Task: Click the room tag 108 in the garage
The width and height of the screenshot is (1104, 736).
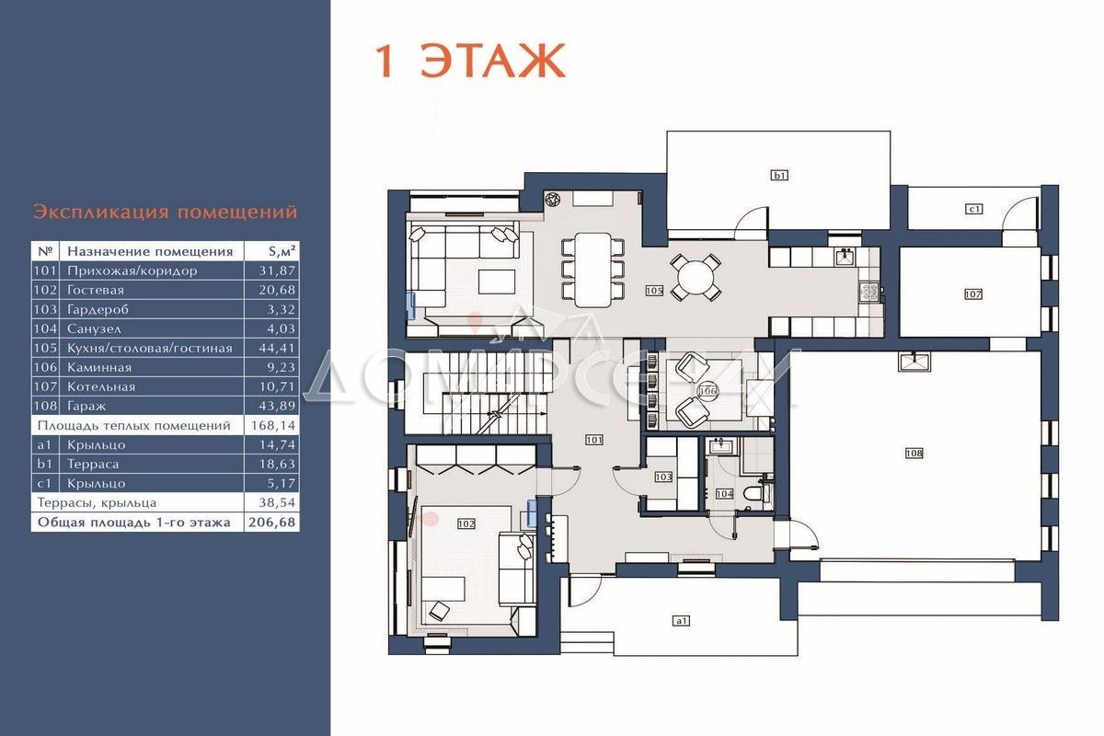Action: pos(914,453)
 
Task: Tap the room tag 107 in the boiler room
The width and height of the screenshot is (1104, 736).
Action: pos(973,294)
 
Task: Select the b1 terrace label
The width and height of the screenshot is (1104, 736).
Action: pos(779,175)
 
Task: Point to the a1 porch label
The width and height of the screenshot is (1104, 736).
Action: pos(681,621)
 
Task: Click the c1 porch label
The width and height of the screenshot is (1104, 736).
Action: pos(974,209)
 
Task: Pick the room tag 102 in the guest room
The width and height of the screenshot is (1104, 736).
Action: pos(466,523)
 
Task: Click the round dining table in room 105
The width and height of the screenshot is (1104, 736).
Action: pos(695,278)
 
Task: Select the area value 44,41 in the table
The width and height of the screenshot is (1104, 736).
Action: pos(277,348)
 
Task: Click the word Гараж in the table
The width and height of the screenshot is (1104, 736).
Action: pos(86,407)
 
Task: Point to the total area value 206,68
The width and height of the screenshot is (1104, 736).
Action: pos(271,523)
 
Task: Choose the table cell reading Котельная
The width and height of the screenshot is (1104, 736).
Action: pos(101,387)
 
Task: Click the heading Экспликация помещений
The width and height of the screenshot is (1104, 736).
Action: pos(166,212)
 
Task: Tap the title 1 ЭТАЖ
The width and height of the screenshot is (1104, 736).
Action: pos(470,61)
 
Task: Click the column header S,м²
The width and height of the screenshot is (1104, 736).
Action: pos(282,251)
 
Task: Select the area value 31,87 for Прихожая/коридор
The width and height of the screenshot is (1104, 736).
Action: pos(278,270)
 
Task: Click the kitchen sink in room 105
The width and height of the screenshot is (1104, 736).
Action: pos(845,257)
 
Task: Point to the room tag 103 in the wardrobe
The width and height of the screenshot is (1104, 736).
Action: pos(663,477)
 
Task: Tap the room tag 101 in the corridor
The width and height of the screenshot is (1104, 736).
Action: pos(594,440)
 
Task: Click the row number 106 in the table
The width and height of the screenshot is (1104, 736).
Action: pos(45,367)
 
